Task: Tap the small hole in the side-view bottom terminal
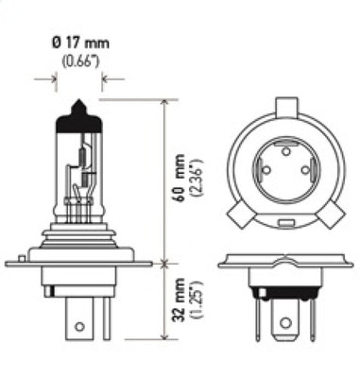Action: tap(79, 328)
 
